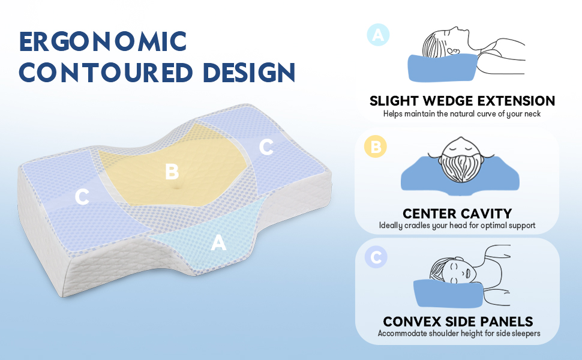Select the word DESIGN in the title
(x=248, y=73)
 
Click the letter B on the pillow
(x=172, y=172)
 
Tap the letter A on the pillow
(x=219, y=243)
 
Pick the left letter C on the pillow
(x=83, y=197)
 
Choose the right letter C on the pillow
(x=266, y=146)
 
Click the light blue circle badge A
(x=378, y=35)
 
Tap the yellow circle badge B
(x=376, y=147)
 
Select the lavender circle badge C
(x=376, y=257)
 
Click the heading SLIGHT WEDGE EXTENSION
(x=462, y=101)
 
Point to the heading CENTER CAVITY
(x=457, y=213)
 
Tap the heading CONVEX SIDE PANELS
(x=458, y=322)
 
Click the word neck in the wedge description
(x=530, y=113)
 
